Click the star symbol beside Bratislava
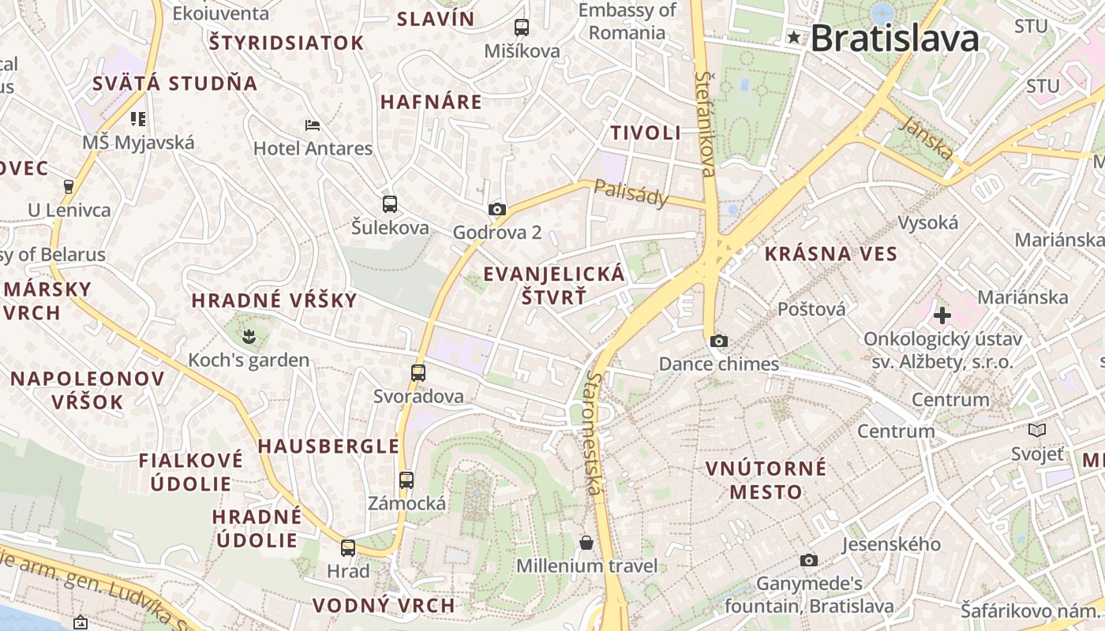[793, 37]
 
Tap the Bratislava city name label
[894, 38]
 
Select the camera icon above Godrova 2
[496, 209]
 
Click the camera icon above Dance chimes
[718, 341]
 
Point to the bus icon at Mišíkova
[521, 28]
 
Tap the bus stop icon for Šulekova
[389, 204]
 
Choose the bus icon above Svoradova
[418, 372]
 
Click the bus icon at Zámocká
[406, 480]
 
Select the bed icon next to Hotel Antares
[312, 125]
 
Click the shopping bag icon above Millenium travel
[586, 542]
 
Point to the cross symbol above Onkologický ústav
[942, 315]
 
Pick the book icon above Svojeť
[1036, 430]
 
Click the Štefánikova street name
[706, 123]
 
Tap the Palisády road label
[631, 192]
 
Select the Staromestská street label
[594, 434]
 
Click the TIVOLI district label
[646, 133]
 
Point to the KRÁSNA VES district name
[831, 253]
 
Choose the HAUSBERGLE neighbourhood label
[328, 446]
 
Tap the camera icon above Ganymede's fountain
[808, 560]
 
